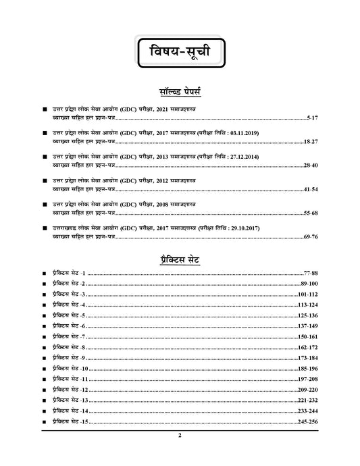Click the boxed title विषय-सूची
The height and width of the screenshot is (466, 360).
(179, 51)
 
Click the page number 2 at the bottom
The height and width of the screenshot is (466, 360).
(180, 436)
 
